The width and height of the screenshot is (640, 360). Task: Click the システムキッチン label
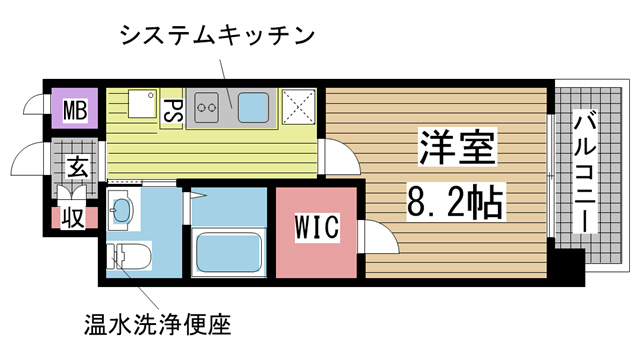pyautogui.click(x=217, y=36)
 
